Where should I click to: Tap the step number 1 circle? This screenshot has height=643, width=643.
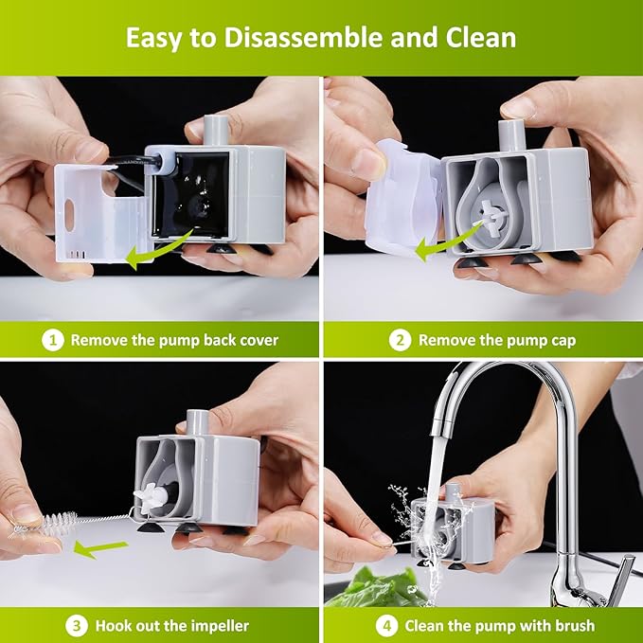tap(53, 339)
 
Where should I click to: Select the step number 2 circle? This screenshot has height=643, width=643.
tap(400, 339)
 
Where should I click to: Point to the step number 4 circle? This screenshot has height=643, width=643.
tap(385, 625)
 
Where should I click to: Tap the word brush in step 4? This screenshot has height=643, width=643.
tap(574, 625)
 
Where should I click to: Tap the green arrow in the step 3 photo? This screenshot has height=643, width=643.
tap(102, 546)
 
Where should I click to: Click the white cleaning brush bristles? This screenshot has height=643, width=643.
tap(57, 522)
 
